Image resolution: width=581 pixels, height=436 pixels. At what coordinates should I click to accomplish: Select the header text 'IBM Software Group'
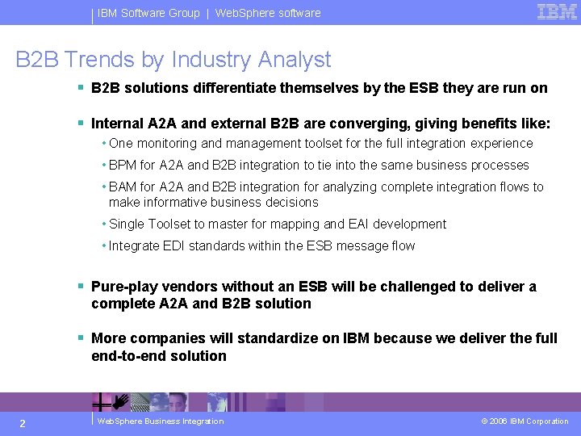pyautogui.click(x=148, y=13)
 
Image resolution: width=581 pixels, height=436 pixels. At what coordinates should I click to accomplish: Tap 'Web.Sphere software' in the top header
pyautogui.click(x=268, y=13)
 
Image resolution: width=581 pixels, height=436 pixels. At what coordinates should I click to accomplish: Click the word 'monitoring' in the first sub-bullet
pyautogui.click(x=167, y=144)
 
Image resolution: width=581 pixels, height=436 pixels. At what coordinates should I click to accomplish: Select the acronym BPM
pyautogui.click(x=123, y=166)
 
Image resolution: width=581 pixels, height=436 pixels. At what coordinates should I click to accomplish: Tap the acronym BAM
pyautogui.click(x=123, y=187)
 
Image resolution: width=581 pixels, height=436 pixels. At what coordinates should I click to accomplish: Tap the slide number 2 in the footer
pyautogui.click(x=23, y=423)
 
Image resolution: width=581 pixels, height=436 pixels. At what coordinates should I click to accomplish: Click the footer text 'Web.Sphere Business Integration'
pyautogui.click(x=160, y=421)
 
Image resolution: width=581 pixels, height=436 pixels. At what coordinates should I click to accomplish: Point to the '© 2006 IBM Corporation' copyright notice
pyautogui.click(x=525, y=421)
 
